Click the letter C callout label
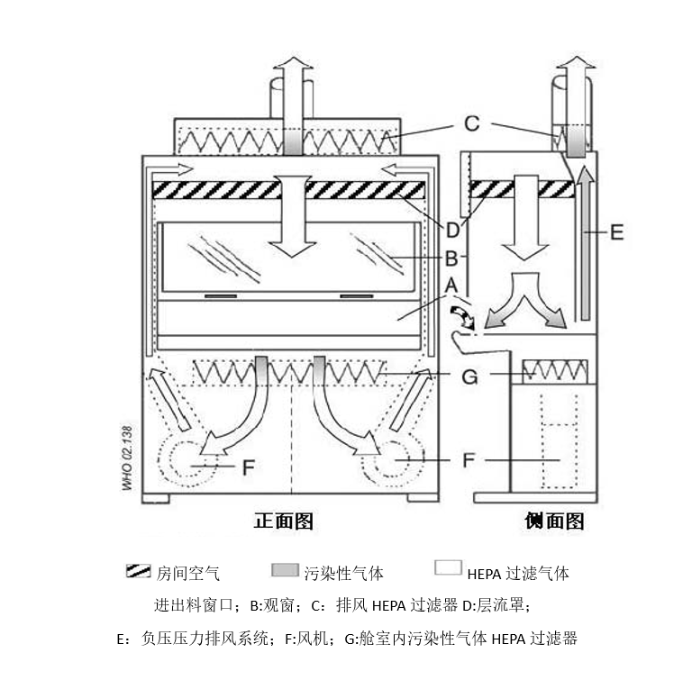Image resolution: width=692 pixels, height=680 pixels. click(472, 123)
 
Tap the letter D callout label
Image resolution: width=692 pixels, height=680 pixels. click(453, 231)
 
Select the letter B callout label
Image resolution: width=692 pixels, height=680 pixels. click(451, 258)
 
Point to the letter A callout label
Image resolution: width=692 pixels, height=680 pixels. click(451, 286)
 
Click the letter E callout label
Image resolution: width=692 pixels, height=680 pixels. click(617, 232)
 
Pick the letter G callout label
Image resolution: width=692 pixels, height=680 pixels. click(469, 376)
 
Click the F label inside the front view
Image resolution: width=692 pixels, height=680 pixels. click(249, 467)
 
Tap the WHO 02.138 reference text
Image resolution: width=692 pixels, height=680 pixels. click(127, 458)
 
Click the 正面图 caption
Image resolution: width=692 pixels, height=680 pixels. click(283, 521)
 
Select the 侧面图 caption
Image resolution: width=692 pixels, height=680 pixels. click(554, 521)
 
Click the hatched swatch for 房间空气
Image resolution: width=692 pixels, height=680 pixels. click(138, 570)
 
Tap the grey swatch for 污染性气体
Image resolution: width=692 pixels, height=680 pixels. click(285, 570)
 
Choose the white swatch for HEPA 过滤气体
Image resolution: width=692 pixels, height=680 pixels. click(448, 567)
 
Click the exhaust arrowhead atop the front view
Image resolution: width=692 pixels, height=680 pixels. click(293, 62)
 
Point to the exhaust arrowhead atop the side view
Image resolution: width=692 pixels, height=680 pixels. click(576, 62)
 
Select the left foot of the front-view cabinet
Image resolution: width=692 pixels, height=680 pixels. click(156, 498)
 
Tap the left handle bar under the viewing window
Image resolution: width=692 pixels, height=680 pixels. click(221, 296)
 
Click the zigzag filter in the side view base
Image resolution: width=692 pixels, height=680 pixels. click(555, 371)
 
